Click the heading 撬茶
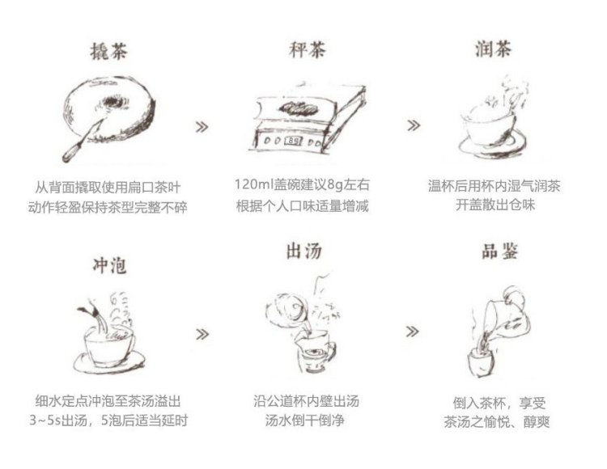pos(108,52)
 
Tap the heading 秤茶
pos(307,50)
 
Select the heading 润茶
pos(493,49)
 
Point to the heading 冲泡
pos(109,265)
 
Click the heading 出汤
pos(303,251)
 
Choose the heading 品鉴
pos(499,251)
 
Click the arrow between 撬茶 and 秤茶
pos(202,127)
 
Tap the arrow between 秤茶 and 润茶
pos(414,125)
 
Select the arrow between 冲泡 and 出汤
pos(202,334)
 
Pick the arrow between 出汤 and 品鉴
pos(412,332)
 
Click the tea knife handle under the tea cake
pos(72,153)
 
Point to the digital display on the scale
pos(293,141)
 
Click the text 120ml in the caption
pos(253,184)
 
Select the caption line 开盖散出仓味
pos(495,205)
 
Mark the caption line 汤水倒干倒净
pos(304,420)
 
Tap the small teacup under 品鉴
pos(482,362)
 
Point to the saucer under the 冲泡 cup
pos(109,363)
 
